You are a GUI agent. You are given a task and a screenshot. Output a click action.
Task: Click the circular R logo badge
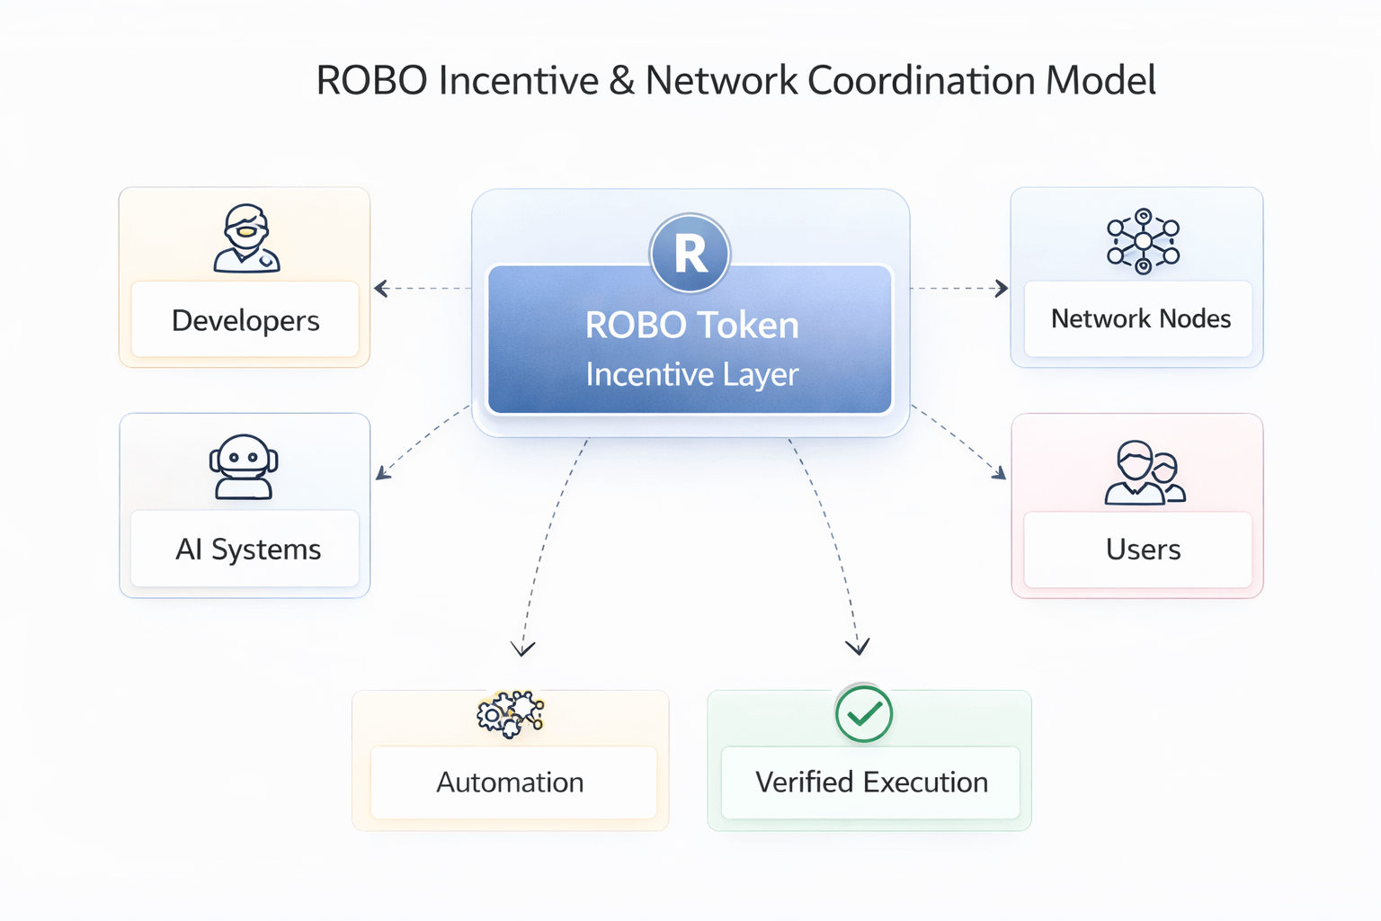click(x=690, y=254)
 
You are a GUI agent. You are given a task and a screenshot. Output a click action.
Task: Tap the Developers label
click(x=245, y=321)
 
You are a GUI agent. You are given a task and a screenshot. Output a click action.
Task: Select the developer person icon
click(x=246, y=238)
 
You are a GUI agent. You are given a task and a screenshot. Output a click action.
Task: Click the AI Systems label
click(x=248, y=550)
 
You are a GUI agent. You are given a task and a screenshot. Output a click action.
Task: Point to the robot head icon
click(x=244, y=467)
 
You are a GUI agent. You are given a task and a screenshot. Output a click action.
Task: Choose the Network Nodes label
click(x=1140, y=319)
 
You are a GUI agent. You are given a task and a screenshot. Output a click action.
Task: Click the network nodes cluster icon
click(x=1143, y=241)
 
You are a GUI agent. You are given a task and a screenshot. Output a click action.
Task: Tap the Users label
click(x=1143, y=550)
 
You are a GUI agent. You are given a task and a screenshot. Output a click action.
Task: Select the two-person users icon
click(x=1145, y=472)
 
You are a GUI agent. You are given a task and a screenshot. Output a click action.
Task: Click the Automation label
click(x=510, y=782)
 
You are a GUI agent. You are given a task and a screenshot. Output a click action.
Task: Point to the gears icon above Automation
click(x=510, y=715)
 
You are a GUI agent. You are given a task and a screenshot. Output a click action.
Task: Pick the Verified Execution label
click(x=871, y=782)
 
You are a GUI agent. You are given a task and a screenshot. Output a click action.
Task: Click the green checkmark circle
click(x=863, y=714)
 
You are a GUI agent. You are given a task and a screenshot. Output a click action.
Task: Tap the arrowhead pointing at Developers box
click(x=380, y=289)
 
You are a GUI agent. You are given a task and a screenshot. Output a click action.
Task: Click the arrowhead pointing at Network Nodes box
click(x=1002, y=289)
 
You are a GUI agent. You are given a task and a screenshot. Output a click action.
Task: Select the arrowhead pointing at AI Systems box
click(x=382, y=473)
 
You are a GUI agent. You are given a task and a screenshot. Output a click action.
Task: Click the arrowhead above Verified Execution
click(x=858, y=646)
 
